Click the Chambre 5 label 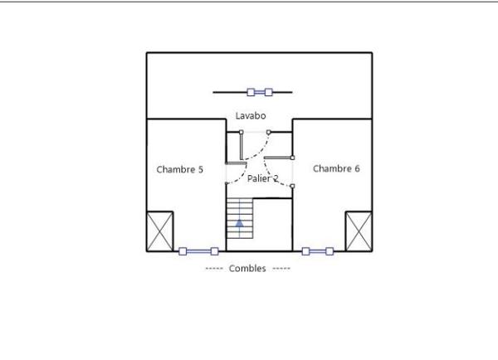(179, 169)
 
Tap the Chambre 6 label (336, 168)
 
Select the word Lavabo (250, 116)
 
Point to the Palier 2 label (263, 178)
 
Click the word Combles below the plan (247, 269)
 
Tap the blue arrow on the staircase (240, 221)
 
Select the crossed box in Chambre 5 (160, 231)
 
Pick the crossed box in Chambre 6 (359, 231)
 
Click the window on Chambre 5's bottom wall (198, 251)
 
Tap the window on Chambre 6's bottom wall (317, 251)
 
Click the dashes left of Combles (214, 269)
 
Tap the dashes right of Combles (281, 269)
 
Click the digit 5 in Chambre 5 (200, 169)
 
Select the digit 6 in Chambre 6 (357, 168)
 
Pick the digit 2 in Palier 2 (276, 178)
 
